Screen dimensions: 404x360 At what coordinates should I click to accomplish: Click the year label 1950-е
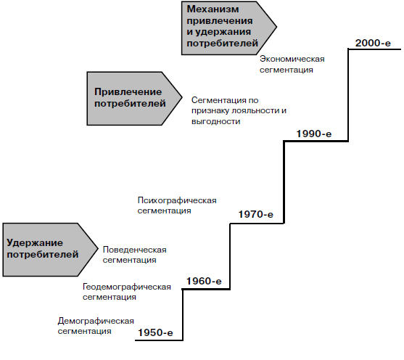coord(155,332)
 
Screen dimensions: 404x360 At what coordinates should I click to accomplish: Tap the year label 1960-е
coord(204,281)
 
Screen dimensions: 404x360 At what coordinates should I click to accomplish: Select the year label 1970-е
coord(255,214)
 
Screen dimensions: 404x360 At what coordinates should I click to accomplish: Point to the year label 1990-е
coord(314,134)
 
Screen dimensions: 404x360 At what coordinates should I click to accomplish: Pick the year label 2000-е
coord(373,43)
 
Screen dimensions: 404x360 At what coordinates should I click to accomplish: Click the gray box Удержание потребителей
coord(50,250)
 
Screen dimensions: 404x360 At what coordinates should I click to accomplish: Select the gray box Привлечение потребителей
coord(134,99)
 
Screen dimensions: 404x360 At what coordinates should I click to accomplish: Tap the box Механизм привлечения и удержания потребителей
coord(229,28)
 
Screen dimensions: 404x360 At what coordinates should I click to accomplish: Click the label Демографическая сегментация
coord(96,326)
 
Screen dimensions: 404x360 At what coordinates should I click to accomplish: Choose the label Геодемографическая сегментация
coord(126,292)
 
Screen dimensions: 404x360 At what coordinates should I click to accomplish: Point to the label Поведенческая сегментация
coord(134,255)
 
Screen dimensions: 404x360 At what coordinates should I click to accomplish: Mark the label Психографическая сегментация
coord(177,205)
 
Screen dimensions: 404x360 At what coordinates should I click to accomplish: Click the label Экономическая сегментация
coord(292,65)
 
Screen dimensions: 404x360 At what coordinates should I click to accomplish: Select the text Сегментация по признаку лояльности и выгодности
coord(239,110)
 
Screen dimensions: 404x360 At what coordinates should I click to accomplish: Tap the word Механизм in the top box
coord(213,9)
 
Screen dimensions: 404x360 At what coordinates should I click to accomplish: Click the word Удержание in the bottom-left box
coord(35,243)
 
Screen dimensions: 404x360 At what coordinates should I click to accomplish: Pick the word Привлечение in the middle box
coord(128,91)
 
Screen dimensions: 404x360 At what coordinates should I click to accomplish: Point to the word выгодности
coord(216,121)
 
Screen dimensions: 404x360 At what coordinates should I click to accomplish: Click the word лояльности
coord(254,110)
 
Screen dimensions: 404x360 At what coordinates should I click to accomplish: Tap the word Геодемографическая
coord(126,287)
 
